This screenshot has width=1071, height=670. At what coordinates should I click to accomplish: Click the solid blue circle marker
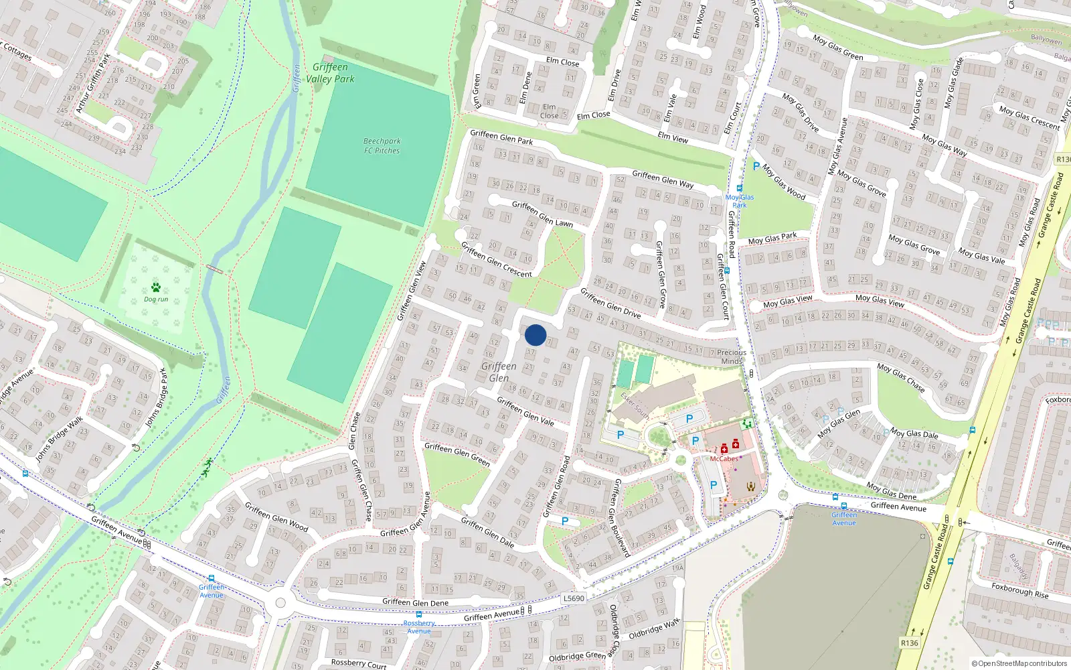pos(535,335)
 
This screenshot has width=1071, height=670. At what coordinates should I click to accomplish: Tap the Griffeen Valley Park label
pos(330,73)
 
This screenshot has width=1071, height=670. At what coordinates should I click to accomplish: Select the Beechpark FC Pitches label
pos(382,146)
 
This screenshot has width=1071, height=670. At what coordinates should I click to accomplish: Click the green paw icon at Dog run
pos(156,287)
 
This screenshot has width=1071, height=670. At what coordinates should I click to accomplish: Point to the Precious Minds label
pos(731,356)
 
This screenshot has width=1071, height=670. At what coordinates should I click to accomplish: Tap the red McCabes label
pos(724,459)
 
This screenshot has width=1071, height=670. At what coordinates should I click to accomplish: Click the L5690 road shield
pos(574,598)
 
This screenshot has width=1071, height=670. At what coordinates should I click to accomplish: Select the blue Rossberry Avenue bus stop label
pos(419,627)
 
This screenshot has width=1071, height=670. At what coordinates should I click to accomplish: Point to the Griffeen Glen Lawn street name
pos(542,214)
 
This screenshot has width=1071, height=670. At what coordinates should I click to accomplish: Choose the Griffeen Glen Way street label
pos(663,179)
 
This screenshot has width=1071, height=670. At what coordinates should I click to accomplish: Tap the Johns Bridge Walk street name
pos(60,439)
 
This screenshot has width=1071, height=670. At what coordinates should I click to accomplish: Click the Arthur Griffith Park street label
pos(93,83)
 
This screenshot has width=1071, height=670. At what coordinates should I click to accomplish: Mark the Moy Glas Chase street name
pos(900,379)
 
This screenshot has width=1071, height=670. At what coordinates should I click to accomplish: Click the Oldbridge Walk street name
pos(654,628)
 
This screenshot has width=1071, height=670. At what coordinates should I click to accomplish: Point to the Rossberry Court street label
pos(358,663)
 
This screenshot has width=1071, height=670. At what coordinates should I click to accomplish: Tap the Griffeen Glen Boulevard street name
pos(622,517)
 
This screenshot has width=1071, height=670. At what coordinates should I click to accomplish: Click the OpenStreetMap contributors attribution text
pos(1019,663)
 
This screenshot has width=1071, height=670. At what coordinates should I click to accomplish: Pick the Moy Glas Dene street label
pos(891,491)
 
